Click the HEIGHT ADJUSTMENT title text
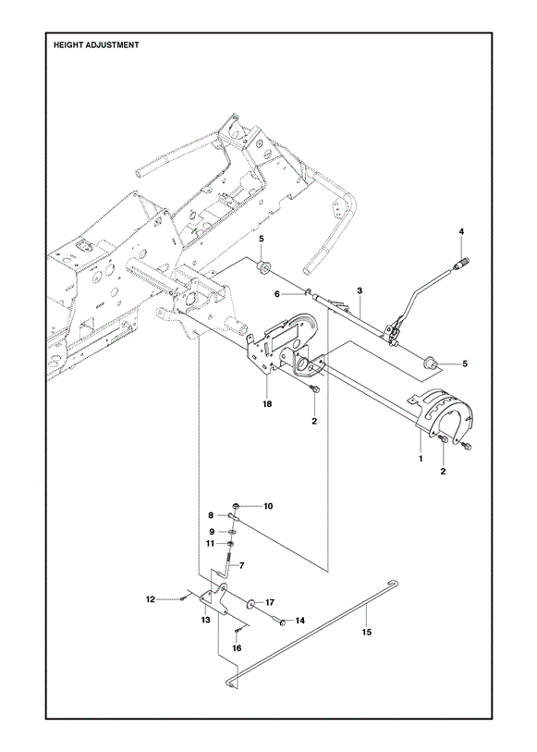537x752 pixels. (x=96, y=45)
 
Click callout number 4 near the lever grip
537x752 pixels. (x=461, y=231)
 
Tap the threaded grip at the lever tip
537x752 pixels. (x=463, y=263)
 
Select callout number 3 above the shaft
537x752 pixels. (x=360, y=290)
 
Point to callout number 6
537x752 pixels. (x=277, y=294)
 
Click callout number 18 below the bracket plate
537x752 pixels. (x=267, y=404)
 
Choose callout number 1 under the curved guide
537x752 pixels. (x=421, y=459)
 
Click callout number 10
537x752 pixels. (x=268, y=506)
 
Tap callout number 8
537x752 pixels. (x=211, y=515)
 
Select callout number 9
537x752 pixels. (x=211, y=531)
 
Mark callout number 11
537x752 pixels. (x=211, y=543)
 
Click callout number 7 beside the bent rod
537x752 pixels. (x=241, y=566)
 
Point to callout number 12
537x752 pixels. (x=151, y=599)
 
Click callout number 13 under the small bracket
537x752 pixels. (x=205, y=620)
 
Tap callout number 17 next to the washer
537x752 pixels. (x=270, y=602)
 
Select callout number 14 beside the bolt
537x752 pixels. (x=299, y=621)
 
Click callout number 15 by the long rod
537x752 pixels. (x=366, y=632)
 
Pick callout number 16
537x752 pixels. (x=237, y=648)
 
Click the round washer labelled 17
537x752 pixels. (x=251, y=603)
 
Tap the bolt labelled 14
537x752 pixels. (x=280, y=621)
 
